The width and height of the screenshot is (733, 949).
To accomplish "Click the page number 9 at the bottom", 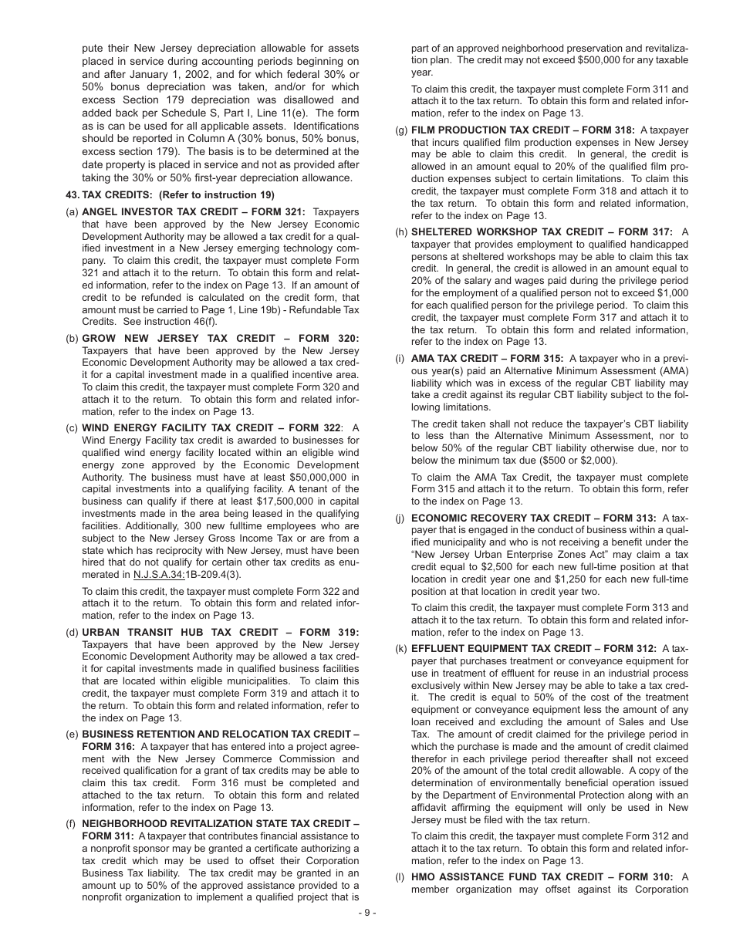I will (x=366, y=914).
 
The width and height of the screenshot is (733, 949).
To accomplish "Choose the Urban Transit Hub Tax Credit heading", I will (x=220, y=633).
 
